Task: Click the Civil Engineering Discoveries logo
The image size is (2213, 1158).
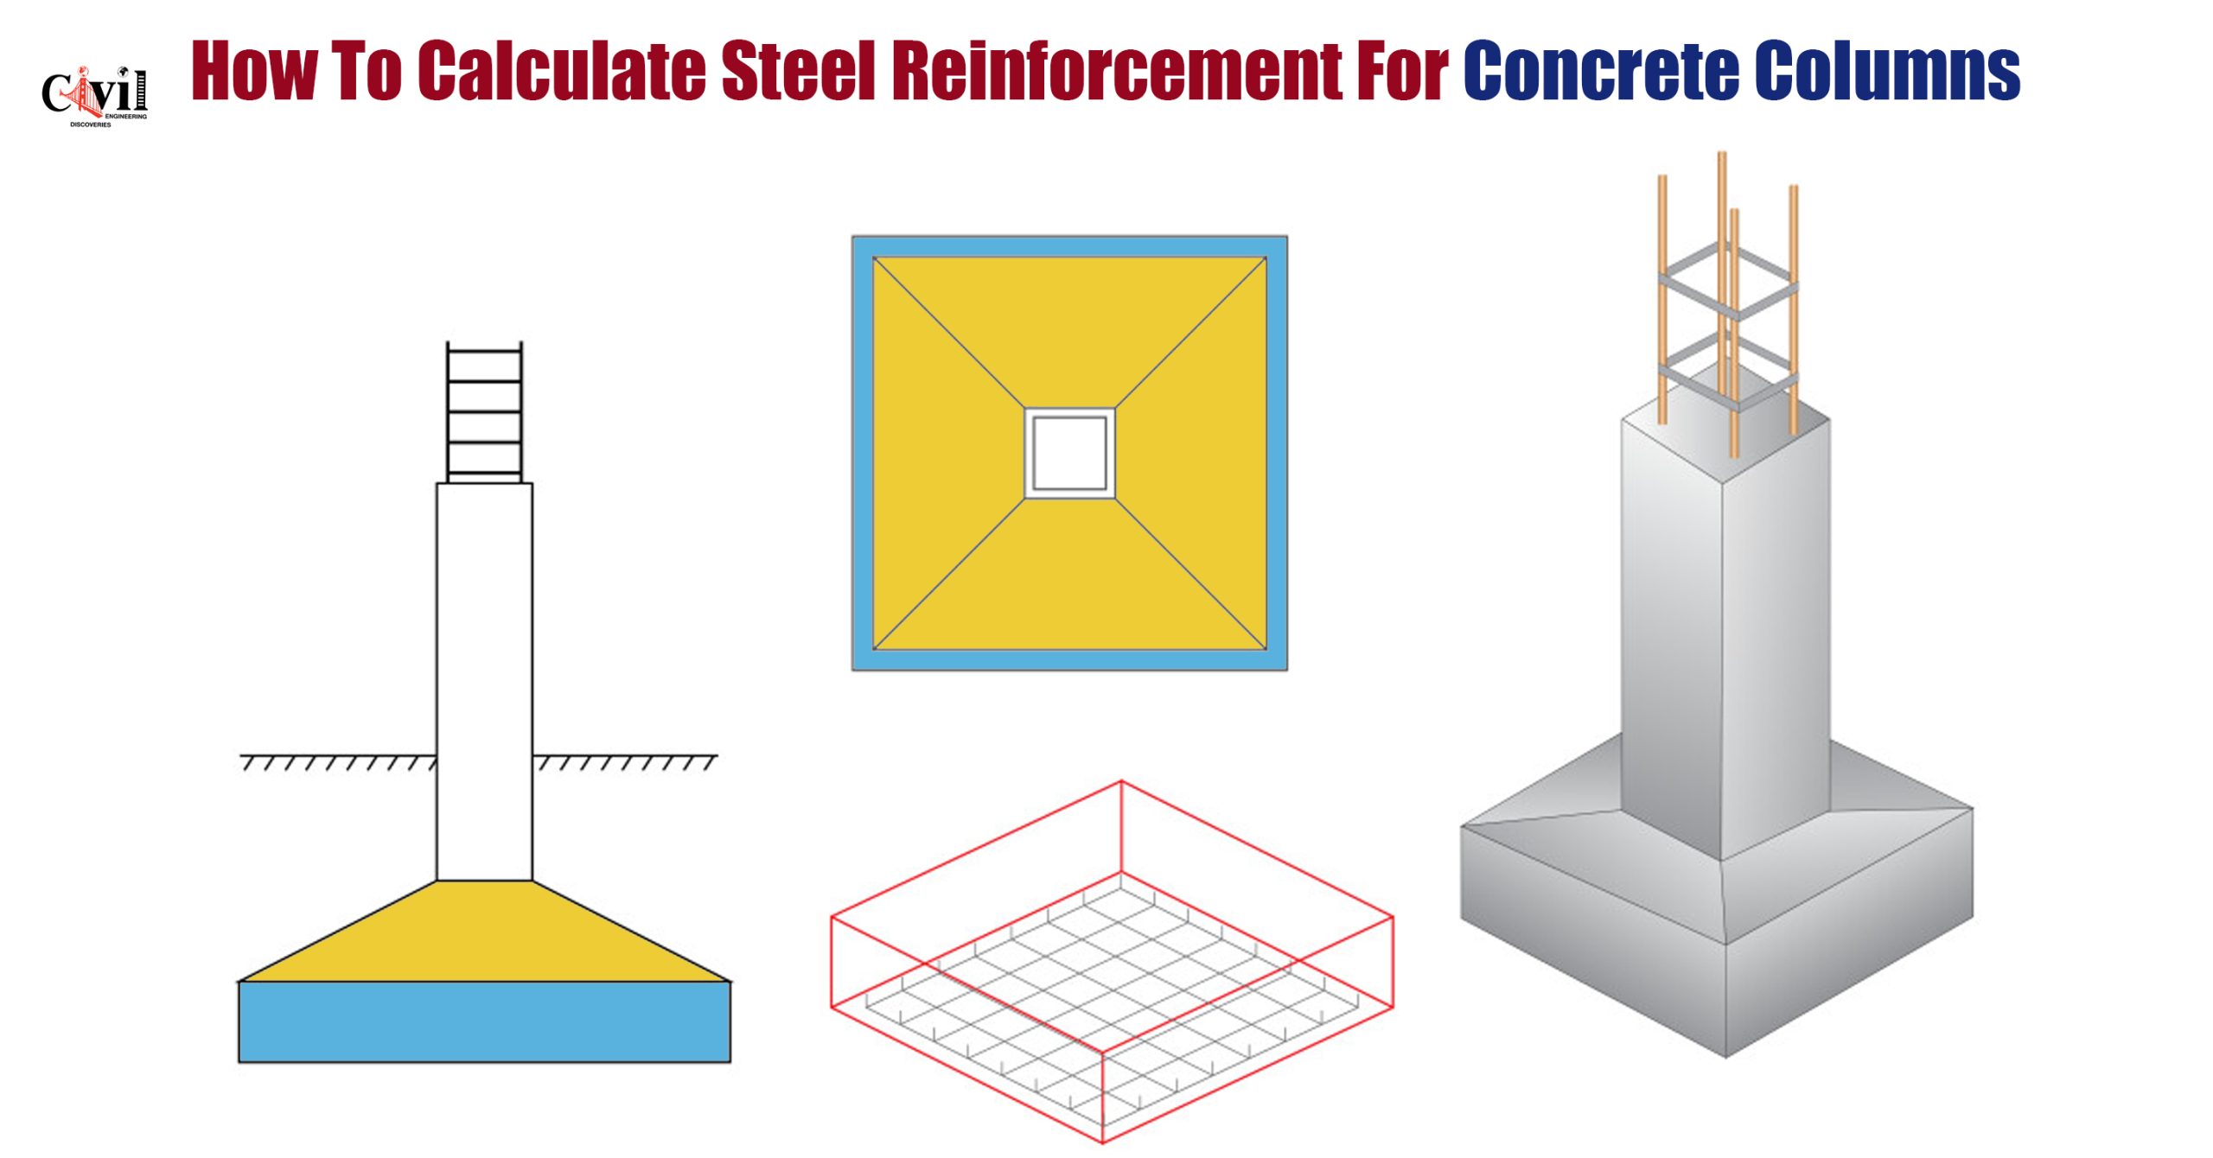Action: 95,96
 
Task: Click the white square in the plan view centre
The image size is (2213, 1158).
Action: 1069,453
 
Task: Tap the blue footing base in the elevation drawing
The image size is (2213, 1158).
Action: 484,1021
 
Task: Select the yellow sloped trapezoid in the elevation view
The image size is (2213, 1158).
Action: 484,932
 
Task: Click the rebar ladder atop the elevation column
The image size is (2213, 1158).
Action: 484,412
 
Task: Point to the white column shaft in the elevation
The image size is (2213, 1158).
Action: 484,682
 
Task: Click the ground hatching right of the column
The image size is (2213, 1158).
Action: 625,761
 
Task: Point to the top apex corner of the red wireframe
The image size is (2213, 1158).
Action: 1121,781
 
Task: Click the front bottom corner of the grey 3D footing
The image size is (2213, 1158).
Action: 1725,1057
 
